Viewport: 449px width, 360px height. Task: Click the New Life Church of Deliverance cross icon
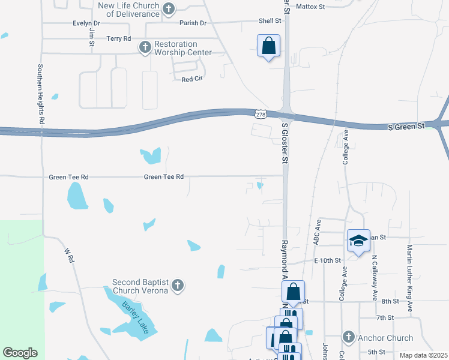click(169, 8)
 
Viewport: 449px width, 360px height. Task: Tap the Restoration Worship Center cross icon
click(145, 47)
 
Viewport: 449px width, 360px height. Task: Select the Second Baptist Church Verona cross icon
click(177, 286)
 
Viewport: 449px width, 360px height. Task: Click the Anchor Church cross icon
click(349, 338)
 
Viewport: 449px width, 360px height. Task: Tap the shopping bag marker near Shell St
click(268, 45)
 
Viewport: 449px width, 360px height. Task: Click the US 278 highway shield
click(260, 114)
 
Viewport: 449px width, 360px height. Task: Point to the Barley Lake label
click(136, 317)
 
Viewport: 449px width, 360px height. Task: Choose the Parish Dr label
click(193, 23)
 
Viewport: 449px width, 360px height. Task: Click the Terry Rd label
click(118, 38)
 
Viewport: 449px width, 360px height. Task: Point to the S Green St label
click(406, 127)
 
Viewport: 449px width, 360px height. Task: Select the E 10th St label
click(327, 260)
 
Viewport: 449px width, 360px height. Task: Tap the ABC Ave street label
click(318, 231)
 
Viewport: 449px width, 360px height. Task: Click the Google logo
click(20, 352)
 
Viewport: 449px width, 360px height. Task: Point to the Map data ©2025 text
click(423, 355)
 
